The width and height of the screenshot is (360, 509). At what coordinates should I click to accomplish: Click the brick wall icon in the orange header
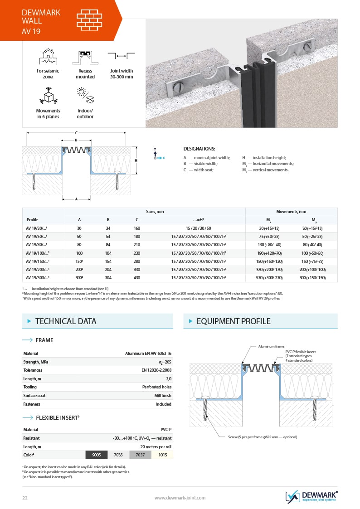coord(89,20)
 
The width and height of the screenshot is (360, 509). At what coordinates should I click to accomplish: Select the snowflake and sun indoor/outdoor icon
coord(85,97)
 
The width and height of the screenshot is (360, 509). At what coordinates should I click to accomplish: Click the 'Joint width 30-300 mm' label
coord(122,74)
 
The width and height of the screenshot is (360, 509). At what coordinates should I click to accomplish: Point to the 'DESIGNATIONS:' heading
coord(199,149)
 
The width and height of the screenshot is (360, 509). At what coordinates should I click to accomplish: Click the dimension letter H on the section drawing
coord(136,160)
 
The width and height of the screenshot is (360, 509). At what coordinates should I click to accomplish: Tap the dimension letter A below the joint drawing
coord(76,199)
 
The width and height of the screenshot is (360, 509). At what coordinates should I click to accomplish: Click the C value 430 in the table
coord(137,277)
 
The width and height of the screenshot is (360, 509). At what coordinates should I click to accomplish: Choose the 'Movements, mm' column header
coord(291,212)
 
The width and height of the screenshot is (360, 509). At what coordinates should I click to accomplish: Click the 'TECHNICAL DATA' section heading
coord(66,321)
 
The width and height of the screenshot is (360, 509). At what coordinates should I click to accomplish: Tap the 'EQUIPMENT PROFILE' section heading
coord(233,321)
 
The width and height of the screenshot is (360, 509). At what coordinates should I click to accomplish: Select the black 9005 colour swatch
coord(97,455)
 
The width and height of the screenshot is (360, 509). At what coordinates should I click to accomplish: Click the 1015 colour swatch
coord(162,455)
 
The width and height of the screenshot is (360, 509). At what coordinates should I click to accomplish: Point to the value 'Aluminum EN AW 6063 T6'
coord(148,353)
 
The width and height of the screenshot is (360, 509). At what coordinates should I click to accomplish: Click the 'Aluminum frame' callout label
coord(270,346)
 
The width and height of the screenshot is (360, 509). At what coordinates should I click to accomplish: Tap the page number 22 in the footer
coord(25,498)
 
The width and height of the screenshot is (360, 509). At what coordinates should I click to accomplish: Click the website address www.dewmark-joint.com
coord(180,498)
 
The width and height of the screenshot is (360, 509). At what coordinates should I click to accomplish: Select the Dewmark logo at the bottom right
coord(311,496)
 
